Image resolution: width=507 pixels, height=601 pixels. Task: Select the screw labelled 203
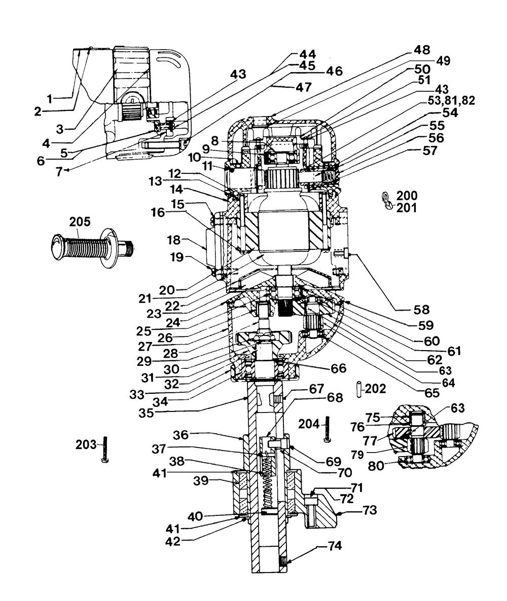[105, 449]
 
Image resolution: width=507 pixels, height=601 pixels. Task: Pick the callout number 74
[335, 546]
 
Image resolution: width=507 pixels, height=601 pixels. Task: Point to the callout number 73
[369, 510]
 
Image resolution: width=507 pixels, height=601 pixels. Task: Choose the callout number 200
[407, 195]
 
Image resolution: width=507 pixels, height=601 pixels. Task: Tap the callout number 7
[59, 172]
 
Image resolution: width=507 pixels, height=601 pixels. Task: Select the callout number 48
[422, 50]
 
